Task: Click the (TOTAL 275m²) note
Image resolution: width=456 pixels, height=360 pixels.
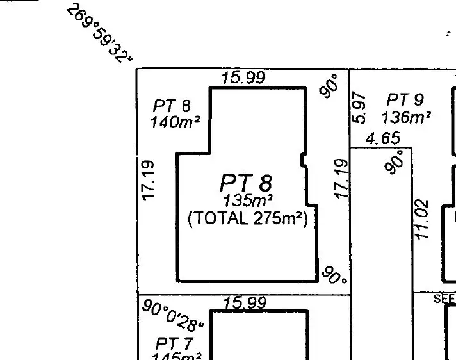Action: [x=248, y=218]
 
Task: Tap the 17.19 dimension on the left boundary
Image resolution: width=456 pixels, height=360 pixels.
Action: [x=148, y=181]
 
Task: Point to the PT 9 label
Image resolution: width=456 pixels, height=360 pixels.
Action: [x=405, y=100]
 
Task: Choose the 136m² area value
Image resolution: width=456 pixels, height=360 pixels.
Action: [x=405, y=118]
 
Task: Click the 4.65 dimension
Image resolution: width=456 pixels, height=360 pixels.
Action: [x=383, y=138]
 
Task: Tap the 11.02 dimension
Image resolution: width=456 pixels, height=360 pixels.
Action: [x=420, y=220]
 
